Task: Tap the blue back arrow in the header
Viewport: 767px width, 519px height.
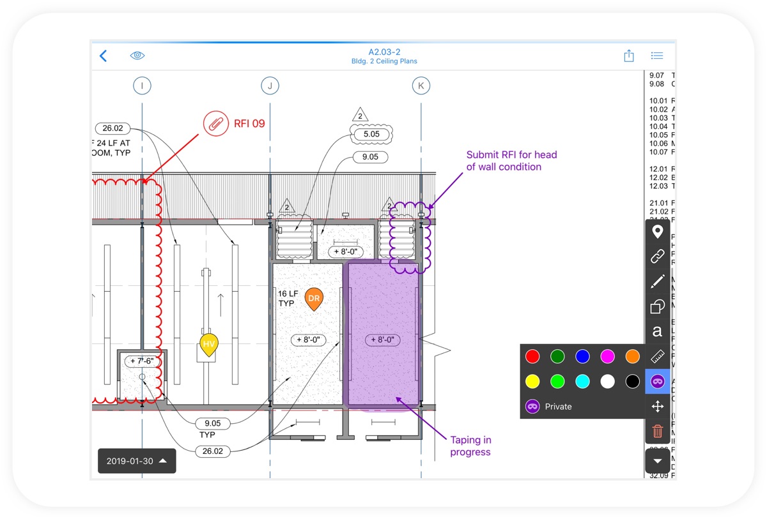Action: coord(104,56)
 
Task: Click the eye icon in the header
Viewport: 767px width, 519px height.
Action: coord(137,56)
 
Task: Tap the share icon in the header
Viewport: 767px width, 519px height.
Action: coord(629,56)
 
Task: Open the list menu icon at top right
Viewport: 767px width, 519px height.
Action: coord(656,56)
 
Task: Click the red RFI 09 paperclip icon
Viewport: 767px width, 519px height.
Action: coord(216,123)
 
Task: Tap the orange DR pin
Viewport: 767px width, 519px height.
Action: coord(313,298)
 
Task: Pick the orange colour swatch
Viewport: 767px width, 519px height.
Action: coord(632,356)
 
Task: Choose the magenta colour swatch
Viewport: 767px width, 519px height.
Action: coord(607,356)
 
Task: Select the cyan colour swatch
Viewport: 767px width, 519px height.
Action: coord(582,382)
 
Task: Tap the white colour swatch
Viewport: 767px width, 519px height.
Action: coord(607,382)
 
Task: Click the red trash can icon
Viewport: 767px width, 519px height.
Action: coord(657,432)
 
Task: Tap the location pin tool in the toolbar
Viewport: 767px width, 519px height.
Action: coord(657,232)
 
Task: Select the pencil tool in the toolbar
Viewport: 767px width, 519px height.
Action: coord(657,282)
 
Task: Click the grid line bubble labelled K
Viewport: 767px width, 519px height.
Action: coord(421,85)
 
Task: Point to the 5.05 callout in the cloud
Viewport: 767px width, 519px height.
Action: coord(371,134)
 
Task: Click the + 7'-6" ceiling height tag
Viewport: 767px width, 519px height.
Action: coord(142,361)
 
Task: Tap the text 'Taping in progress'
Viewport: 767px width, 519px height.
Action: coord(470,446)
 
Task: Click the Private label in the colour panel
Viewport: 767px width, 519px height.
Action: coord(558,407)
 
